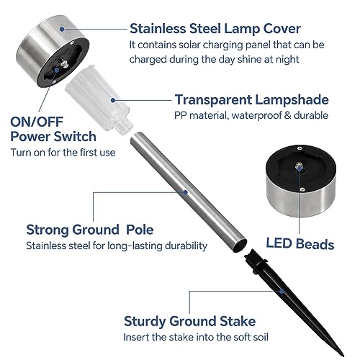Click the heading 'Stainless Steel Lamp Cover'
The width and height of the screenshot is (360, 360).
215,29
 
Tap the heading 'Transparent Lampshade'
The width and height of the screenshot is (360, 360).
251,99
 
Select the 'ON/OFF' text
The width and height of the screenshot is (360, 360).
37,122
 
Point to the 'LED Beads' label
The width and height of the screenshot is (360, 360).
300,244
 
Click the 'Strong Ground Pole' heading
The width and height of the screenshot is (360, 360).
90,230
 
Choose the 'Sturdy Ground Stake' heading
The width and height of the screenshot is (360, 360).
189,321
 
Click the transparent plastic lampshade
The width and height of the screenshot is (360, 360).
99,99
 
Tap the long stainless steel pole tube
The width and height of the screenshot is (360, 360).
189,192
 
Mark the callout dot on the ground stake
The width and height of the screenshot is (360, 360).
282,292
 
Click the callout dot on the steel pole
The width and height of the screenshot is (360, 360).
185,192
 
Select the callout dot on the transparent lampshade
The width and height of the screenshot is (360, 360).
113,100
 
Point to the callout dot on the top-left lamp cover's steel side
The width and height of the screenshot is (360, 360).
62,29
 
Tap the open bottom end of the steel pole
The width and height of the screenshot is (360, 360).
240,246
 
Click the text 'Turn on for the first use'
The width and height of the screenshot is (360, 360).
63,153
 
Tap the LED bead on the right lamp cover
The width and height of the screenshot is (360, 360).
299,166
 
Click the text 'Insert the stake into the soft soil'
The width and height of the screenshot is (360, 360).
196,337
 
